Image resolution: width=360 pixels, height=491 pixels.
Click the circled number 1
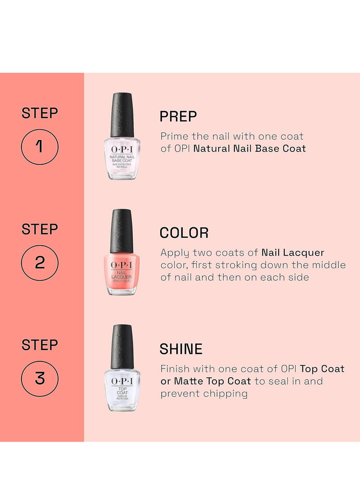pos(40,147)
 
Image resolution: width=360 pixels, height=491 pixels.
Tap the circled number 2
pos(40,262)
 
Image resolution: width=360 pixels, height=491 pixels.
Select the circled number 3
pos(40,378)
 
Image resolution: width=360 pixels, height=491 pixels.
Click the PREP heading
pos(178,117)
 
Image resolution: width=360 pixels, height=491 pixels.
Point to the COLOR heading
pos(184,233)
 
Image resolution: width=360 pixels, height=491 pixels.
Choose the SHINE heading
pos(181,349)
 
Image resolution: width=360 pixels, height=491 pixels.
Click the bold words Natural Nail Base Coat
pos(250,149)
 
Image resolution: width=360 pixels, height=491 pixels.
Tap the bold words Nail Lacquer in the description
pos(292,252)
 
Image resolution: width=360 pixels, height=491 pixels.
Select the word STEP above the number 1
pos(40,113)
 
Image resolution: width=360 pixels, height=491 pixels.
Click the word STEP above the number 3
pos(40,345)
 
